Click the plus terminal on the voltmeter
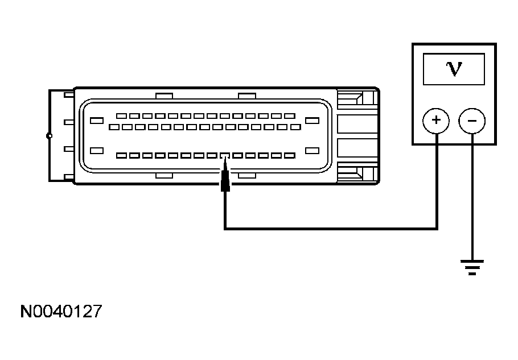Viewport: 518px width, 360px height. point(436,120)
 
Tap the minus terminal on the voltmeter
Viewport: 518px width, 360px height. point(472,120)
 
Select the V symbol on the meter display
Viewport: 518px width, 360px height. point(454,69)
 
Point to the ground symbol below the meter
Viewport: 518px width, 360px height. point(472,266)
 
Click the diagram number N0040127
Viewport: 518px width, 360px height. point(61,311)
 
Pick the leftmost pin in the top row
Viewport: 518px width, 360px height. point(120,116)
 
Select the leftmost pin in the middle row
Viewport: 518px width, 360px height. point(113,127)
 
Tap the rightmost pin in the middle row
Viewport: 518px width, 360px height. point(295,127)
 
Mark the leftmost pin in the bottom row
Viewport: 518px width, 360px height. point(120,155)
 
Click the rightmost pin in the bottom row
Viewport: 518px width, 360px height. point(289,155)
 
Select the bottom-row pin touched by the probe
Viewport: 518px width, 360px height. point(225,155)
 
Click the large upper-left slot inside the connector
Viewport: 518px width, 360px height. point(96,120)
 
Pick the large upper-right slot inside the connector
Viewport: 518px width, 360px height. point(311,120)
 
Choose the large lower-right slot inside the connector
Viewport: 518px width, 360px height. point(311,150)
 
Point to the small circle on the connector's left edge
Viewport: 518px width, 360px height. point(50,136)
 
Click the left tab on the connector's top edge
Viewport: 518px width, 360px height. point(163,95)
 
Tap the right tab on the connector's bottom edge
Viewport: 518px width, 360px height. point(246,176)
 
